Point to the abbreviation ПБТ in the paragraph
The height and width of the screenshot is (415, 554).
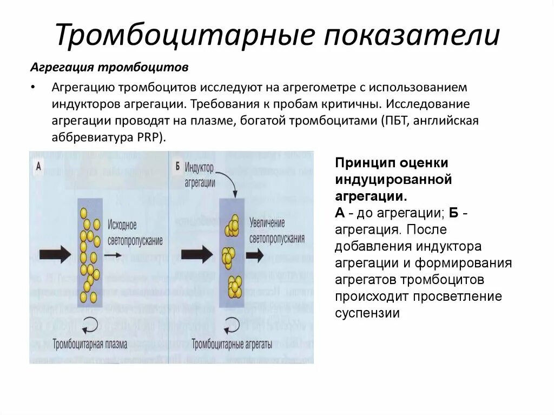coord(393,120)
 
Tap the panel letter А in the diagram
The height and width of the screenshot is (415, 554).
coord(38,166)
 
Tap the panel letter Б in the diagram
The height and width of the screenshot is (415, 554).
coord(177,166)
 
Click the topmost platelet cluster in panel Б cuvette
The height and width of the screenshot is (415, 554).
coord(233,224)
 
